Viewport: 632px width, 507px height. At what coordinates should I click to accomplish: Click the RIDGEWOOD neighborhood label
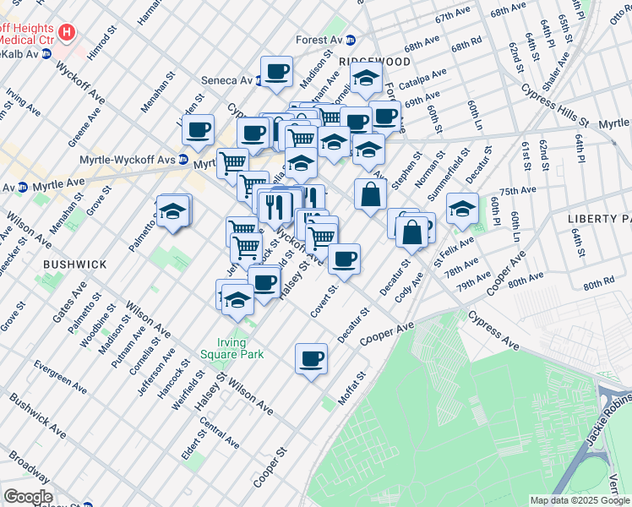tap(374, 63)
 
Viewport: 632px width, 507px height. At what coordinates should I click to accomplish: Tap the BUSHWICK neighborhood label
tap(76, 264)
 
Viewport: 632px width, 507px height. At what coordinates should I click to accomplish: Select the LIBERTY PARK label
tap(599, 218)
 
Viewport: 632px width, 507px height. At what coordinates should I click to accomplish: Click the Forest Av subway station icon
tap(351, 40)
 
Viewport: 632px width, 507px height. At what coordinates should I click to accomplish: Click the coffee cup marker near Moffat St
tap(311, 358)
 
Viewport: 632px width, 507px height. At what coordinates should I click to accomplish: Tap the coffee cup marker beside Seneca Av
tap(275, 71)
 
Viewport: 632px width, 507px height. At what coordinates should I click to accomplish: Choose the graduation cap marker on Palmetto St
tap(173, 211)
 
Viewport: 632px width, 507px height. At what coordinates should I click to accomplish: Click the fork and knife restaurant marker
tap(276, 204)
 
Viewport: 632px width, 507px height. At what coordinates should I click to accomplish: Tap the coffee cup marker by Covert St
tap(343, 259)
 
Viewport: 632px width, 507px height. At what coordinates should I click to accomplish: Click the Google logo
tap(28, 497)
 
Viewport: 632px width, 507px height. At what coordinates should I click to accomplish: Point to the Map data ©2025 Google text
tap(580, 500)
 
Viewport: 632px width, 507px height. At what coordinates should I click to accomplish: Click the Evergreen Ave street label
tap(60, 378)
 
